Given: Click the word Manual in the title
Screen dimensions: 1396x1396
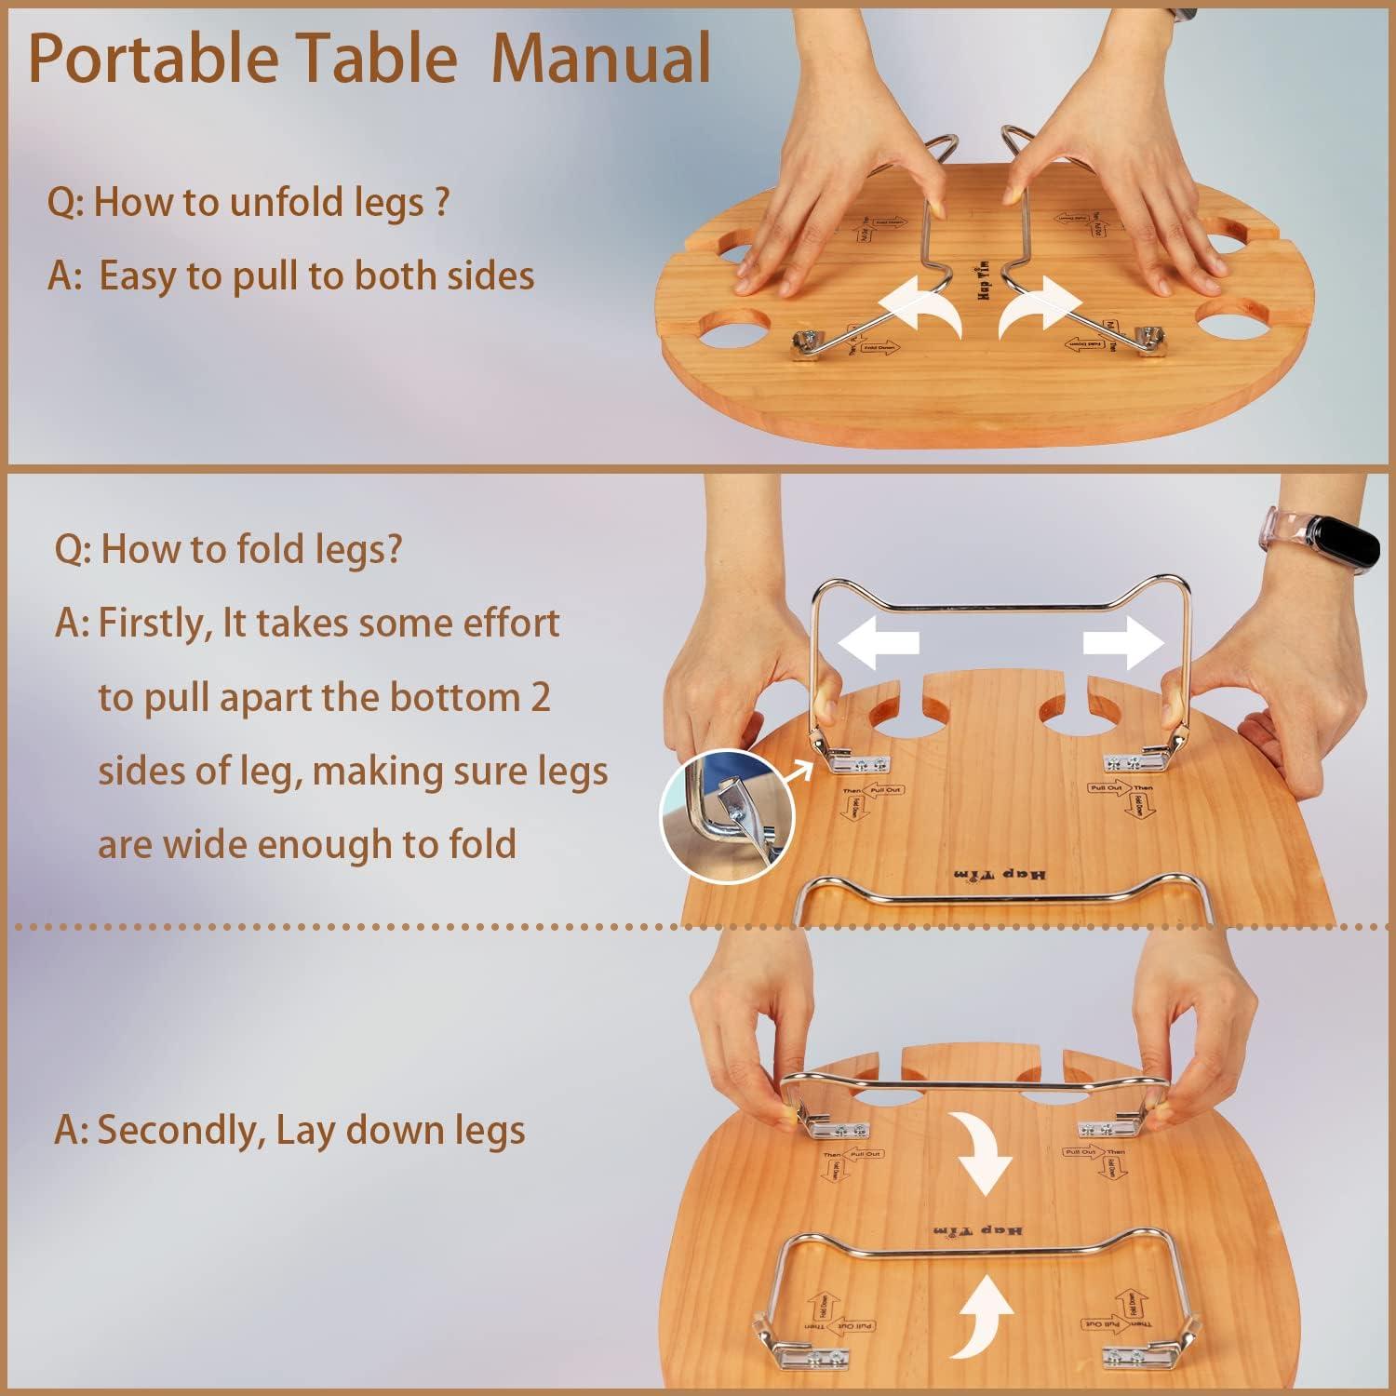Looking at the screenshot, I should pos(600,58).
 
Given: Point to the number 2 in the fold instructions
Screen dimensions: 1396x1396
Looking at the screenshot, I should pos(540,697).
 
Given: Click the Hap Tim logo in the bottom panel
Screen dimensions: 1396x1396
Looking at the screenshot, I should pos(977,1230).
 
